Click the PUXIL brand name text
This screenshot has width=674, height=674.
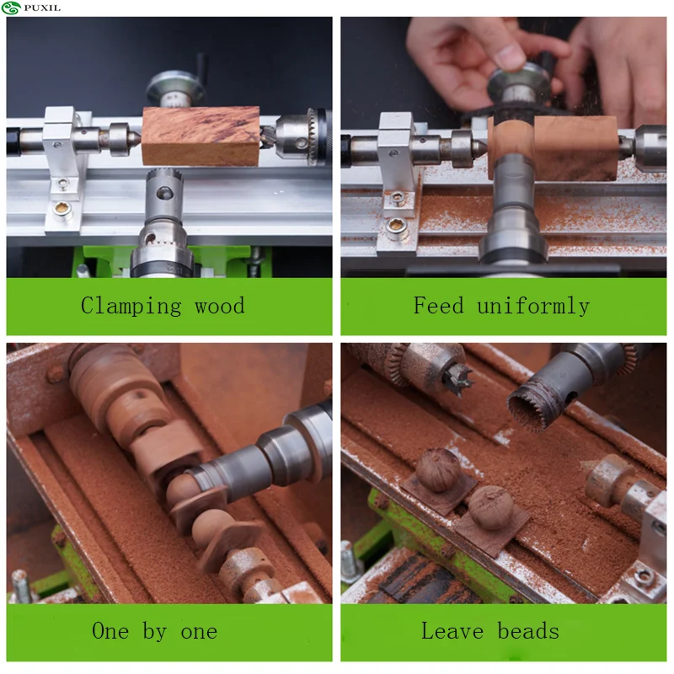pos(42,8)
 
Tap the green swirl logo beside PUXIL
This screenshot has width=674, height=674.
pos(11,8)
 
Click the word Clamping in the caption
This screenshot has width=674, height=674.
pos(131,306)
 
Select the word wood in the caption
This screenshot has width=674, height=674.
pos(220,306)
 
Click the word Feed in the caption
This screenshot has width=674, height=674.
pos(439,305)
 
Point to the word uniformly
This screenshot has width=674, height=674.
pos(533,306)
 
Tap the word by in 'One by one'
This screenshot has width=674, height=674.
pos(155,631)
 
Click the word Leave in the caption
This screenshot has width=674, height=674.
pos(452,630)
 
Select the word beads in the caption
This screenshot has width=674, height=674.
pos(528,630)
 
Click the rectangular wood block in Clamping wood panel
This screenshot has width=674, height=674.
pos(201,136)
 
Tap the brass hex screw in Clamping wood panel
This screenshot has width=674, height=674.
pos(62,208)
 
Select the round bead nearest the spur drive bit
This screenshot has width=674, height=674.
pos(438,470)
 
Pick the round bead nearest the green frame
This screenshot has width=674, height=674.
pos(491,507)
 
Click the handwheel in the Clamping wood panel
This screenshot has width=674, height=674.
pos(175,88)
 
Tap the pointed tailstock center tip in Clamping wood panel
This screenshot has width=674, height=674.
pos(136,138)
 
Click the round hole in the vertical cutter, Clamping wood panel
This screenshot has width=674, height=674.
pos(164,193)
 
